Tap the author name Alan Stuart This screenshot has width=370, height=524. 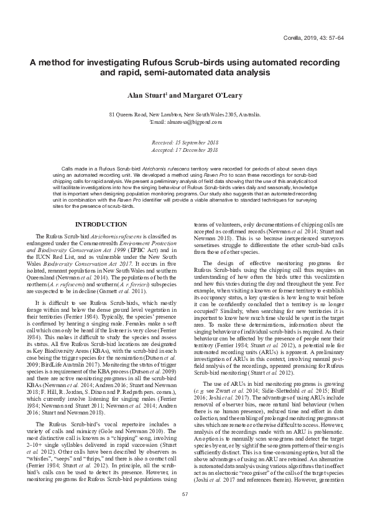click(147, 96)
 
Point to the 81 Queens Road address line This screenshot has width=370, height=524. click(185, 115)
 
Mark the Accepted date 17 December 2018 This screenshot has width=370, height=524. click(185, 150)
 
